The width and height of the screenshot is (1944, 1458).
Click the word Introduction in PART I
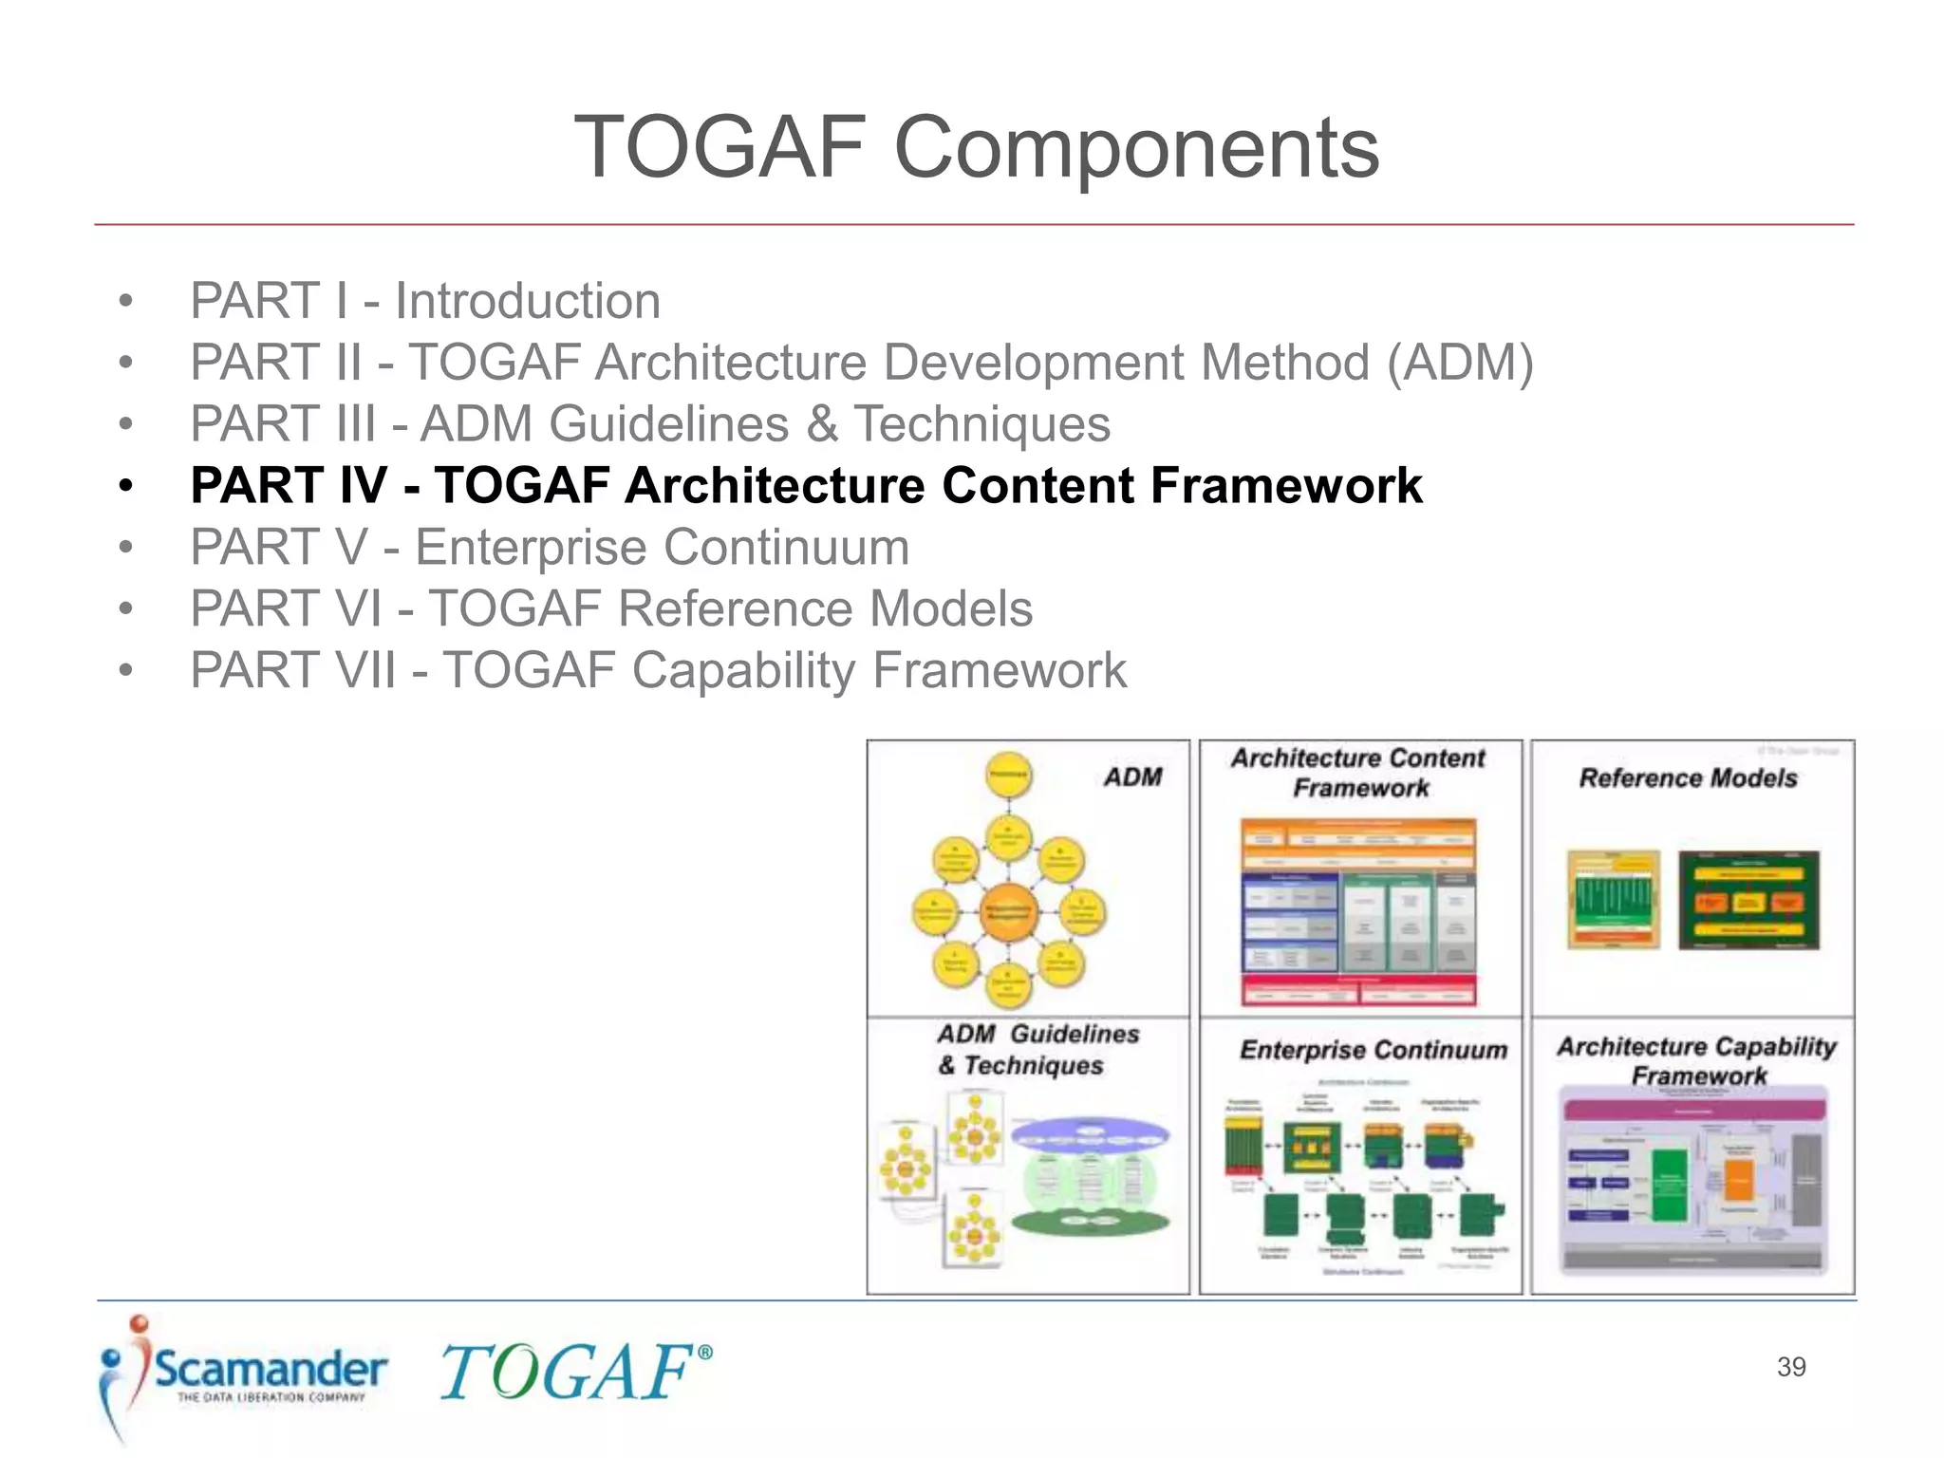click(x=528, y=301)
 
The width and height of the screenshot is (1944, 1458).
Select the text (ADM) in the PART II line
click(x=1460, y=363)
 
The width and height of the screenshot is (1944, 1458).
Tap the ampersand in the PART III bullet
click(x=822, y=424)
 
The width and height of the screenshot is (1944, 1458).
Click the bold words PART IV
click(x=289, y=486)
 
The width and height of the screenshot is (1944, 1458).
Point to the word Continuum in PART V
click(x=786, y=548)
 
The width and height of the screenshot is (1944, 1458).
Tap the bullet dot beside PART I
click(x=125, y=302)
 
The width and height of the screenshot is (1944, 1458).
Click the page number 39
click(x=1791, y=1367)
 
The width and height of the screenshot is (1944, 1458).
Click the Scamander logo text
click(x=271, y=1370)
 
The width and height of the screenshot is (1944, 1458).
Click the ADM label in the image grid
click(x=1132, y=777)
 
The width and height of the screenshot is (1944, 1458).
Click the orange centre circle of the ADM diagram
click(x=1008, y=911)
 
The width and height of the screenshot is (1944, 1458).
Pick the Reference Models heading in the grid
click(x=1688, y=778)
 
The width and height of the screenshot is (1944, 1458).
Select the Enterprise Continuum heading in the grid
click(x=1374, y=1050)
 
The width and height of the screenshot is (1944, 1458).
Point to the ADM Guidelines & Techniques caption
click(x=1037, y=1049)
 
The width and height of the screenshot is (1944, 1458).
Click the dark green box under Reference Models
click(x=1748, y=900)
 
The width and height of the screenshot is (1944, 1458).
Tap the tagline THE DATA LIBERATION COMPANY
click(x=271, y=1397)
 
